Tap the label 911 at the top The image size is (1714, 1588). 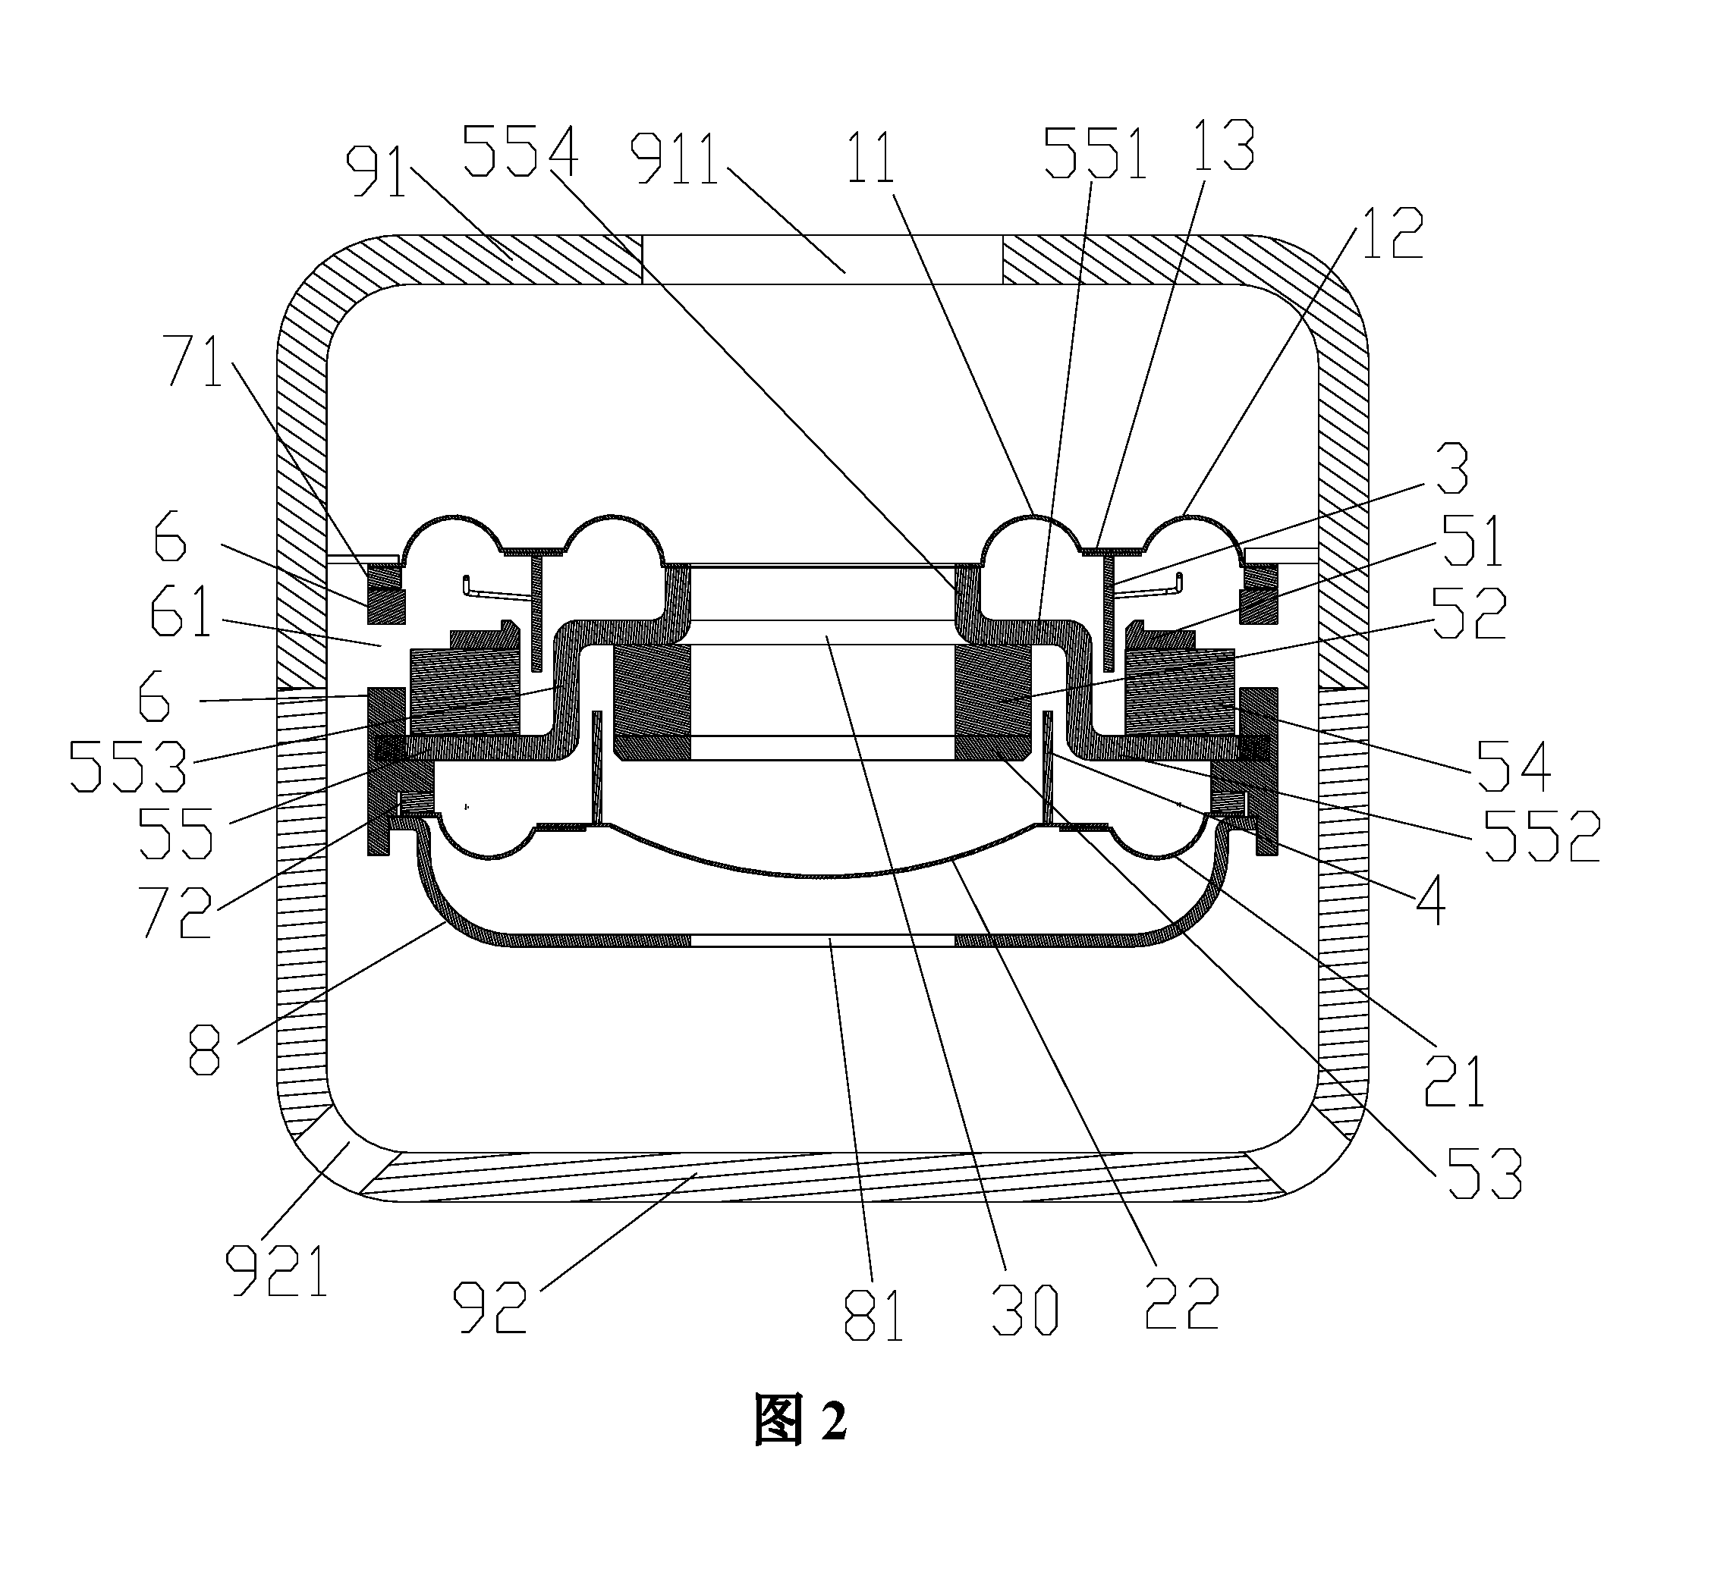[675, 157]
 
